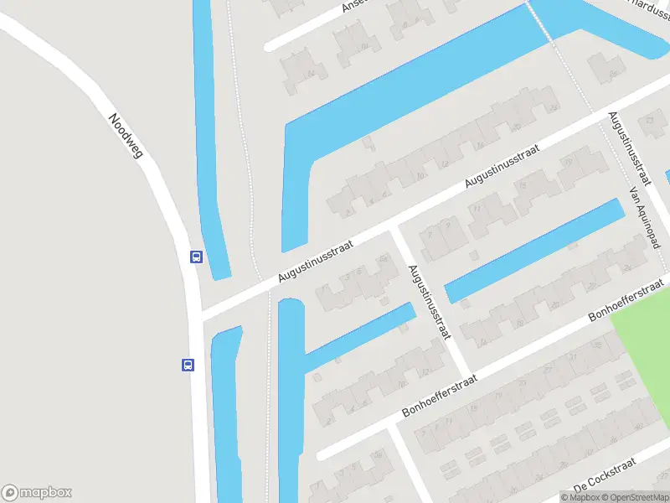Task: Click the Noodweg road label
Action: (x=126, y=135)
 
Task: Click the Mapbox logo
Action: (x=37, y=493)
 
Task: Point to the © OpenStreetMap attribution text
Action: (x=630, y=497)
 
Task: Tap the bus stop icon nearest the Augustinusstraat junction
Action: (x=196, y=257)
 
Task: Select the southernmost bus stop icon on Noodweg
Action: (x=188, y=365)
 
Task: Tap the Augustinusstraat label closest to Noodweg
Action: (x=316, y=259)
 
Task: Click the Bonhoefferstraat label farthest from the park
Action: (x=440, y=397)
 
